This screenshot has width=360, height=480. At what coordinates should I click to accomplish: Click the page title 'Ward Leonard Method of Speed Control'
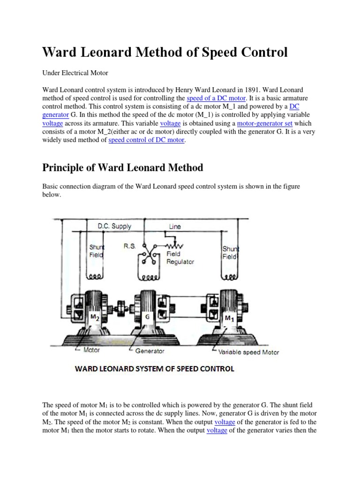[x=165, y=52]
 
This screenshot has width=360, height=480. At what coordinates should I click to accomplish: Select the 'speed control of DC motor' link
[x=146, y=140]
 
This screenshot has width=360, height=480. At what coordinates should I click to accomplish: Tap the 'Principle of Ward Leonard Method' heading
[x=123, y=167]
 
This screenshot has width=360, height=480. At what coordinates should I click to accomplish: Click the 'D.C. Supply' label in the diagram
[x=114, y=226]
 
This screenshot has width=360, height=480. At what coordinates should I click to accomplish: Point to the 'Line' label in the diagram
[x=175, y=226]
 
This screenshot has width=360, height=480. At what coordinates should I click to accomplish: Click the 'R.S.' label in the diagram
[x=129, y=245]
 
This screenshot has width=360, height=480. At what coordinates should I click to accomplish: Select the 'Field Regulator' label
[x=180, y=258]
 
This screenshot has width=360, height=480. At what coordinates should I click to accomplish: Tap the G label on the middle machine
[x=147, y=317]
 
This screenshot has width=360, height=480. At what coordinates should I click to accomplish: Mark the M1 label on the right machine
[x=229, y=319]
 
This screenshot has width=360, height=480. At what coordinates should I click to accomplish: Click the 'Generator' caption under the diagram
[x=150, y=351]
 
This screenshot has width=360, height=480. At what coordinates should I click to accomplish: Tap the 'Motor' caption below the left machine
[x=91, y=350]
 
